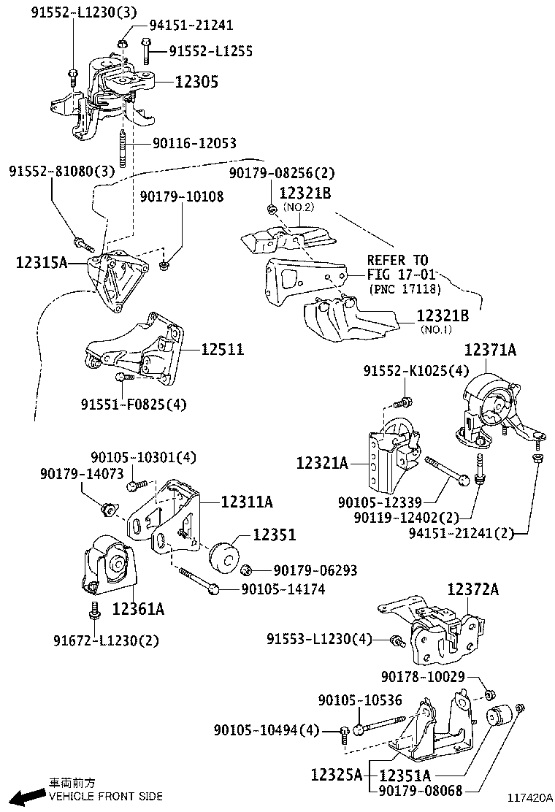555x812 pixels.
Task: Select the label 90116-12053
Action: [194, 144]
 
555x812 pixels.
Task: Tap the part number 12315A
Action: [42, 261]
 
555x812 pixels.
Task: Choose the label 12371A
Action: [489, 351]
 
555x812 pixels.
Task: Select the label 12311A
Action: [247, 501]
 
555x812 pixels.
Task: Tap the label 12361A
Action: [138, 608]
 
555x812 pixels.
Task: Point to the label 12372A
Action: [472, 589]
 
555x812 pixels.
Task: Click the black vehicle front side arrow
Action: [28, 796]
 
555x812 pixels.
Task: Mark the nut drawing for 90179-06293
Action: [248, 569]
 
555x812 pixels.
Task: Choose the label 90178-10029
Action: [423, 677]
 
